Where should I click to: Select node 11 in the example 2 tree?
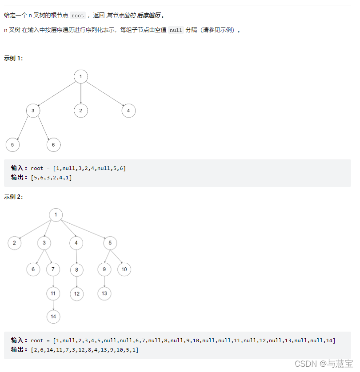coord(53,293)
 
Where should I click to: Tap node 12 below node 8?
coord(76,293)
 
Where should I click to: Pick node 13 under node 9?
coord(104,293)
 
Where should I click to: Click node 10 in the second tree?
coord(124,269)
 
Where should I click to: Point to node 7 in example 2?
coord(53,269)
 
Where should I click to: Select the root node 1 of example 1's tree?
coord(80,77)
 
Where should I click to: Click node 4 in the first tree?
coord(128,111)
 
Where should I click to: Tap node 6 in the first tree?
coord(53,145)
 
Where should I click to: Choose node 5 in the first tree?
coord(12,145)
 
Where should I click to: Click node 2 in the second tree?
coord(14,243)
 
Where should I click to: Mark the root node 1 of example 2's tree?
coord(56,215)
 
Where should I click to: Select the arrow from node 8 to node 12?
coord(76,281)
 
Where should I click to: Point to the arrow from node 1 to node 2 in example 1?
coord(80,94)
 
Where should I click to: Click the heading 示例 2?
coord(13,197)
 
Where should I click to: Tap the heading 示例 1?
coord(13,58)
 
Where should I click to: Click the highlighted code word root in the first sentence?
coord(77,16)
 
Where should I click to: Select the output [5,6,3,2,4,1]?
coord(51,178)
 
